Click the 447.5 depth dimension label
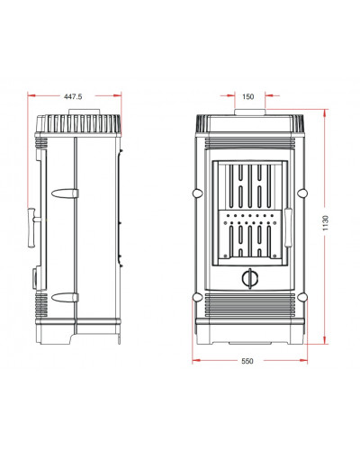73,96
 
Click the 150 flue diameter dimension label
247,96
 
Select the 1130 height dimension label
326,223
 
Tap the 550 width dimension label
247,361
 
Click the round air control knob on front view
249,278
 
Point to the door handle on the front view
288,227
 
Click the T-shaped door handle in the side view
33,227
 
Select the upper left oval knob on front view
197,193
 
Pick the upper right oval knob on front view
302,193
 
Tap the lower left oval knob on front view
197,297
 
